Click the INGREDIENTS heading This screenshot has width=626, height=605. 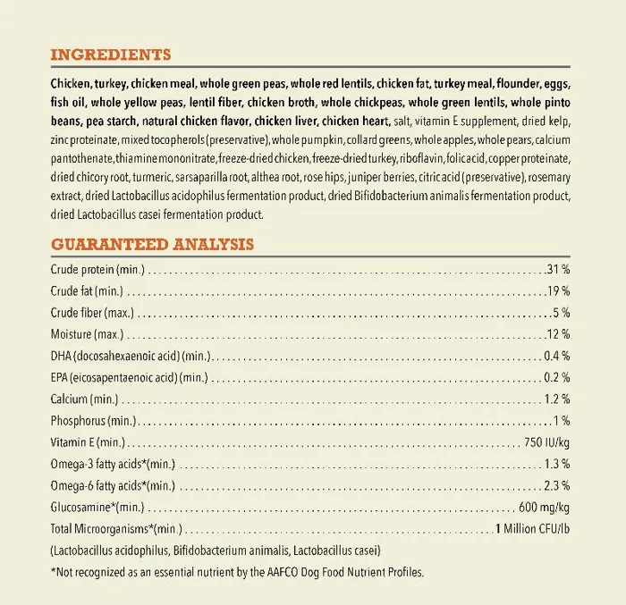coord(111,55)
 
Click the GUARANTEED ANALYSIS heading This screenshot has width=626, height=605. coord(152,243)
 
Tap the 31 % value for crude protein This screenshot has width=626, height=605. coord(559,269)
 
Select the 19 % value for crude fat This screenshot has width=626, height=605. coord(559,290)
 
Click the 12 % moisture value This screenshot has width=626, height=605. coord(559,333)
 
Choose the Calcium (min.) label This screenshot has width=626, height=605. coord(84,399)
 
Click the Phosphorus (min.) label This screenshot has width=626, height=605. coord(92,420)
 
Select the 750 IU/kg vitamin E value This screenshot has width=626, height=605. coord(546,442)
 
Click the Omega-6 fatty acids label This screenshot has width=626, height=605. coord(112,485)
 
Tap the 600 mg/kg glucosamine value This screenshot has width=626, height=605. coord(544,507)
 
